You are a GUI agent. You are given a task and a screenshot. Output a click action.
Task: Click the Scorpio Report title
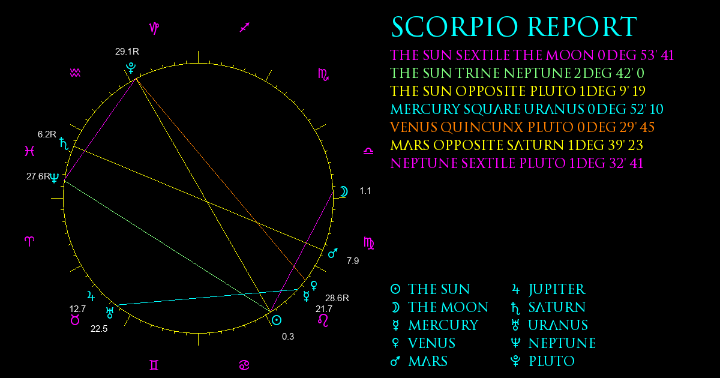pos(514,27)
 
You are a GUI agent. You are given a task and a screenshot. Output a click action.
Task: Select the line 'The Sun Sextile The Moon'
pos(532,55)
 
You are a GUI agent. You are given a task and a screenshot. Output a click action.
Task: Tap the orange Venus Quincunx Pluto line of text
pos(523,127)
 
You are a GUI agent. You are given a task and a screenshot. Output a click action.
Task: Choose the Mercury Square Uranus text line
pos(527,109)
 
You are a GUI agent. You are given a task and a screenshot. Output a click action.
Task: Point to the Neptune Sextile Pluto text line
pos(517,163)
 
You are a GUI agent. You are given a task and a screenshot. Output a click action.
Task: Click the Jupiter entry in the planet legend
pos(548,289)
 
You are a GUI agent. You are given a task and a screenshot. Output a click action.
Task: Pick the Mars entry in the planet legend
pos(419,361)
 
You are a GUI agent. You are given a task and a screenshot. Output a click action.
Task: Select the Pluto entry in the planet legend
pos(542,361)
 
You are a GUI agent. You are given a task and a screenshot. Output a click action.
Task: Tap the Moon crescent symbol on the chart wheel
pos(344,191)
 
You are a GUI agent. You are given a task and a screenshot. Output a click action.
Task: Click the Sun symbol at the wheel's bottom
pos(277,320)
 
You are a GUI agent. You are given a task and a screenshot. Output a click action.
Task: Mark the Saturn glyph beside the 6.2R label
pos(64,143)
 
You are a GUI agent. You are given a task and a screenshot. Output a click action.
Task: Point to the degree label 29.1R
pos(127,52)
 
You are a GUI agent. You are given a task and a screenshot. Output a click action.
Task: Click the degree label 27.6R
pos(38,176)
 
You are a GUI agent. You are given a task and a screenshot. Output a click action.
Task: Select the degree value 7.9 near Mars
pos(353,260)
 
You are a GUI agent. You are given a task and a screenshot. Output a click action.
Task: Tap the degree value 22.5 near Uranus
pos(99,329)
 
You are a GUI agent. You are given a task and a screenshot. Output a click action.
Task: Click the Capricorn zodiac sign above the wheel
pos(154,28)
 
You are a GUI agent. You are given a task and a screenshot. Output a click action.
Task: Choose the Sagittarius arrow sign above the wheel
pos(245,28)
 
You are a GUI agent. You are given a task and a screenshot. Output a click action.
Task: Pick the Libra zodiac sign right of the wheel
pos(368,151)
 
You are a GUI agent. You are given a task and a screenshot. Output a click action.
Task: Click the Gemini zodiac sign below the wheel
pos(154,365)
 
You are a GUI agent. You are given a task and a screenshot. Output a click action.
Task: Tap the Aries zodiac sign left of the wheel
pos(29,241)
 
